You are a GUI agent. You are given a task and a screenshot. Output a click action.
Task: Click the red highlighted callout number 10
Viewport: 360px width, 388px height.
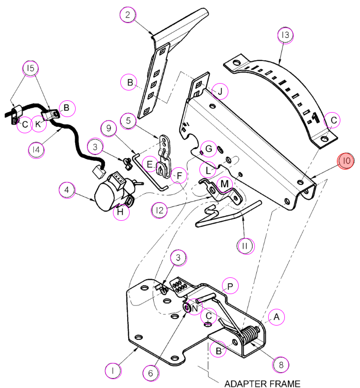(x=346, y=161)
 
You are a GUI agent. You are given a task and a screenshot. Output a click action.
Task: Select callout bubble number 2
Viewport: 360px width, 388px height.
(x=128, y=15)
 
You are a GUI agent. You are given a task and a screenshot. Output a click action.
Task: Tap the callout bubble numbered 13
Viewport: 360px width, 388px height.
(x=285, y=35)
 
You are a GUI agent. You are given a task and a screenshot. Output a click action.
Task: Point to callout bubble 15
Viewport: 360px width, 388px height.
(x=30, y=68)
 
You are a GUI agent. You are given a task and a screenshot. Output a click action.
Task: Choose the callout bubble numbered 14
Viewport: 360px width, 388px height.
(x=36, y=150)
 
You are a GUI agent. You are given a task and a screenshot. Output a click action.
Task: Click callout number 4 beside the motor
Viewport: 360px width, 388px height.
(x=67, y=190)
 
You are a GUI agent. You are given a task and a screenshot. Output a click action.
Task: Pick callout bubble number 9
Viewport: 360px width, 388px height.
(x=109, y=128)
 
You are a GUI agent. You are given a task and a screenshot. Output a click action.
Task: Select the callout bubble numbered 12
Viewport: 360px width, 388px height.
(x=159, y=210)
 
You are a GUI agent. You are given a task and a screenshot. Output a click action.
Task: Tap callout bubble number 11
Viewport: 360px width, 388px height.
(x=246, y=246)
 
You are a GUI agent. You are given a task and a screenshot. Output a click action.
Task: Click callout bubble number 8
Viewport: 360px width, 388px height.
(x=281, y=365)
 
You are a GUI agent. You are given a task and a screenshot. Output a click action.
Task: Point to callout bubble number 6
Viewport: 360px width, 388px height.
(x=151, y=373)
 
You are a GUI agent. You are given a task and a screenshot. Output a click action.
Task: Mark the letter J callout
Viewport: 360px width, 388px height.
(x=220, y=91)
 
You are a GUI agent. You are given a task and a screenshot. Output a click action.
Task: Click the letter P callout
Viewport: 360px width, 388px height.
(x=230, y=286)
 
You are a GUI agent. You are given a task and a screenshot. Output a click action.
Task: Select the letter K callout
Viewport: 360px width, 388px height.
(x=38, y=124)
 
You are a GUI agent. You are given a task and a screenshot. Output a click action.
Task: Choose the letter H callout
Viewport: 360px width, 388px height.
(x=121, y=212)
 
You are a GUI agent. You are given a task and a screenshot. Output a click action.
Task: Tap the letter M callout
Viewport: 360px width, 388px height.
(x=224, y=184)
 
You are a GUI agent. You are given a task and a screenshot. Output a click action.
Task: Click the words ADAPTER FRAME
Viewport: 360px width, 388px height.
(x=262, y=384)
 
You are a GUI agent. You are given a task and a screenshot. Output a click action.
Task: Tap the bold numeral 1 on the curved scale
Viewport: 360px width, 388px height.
(x=315, y=118)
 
